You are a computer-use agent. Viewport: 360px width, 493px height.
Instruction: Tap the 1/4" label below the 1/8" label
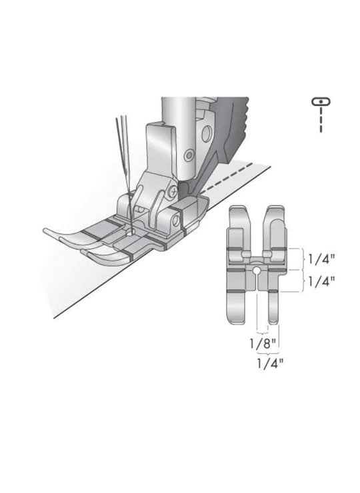point(270,364)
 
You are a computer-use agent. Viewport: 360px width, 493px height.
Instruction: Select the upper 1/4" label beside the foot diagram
point(321,259)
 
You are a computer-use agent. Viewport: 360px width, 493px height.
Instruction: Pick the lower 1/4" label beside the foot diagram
point(321,281)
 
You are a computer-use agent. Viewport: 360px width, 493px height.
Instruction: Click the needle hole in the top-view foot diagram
point(257,270)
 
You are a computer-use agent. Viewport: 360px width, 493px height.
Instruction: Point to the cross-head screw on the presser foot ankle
point(172,191)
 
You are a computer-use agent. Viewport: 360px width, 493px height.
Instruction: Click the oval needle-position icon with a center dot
point(321,101)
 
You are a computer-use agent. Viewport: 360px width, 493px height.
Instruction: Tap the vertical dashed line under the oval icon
point(321,120)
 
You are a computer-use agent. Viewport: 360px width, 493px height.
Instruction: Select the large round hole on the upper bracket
point(207,134)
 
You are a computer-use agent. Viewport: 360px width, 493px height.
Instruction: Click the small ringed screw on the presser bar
point(189,155)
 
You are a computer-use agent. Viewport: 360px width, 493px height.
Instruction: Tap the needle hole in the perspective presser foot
point(129,233)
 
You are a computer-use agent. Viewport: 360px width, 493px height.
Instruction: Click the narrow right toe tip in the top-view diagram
point(273,321)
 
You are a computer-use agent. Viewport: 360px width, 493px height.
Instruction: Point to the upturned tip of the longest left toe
point(46,231)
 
